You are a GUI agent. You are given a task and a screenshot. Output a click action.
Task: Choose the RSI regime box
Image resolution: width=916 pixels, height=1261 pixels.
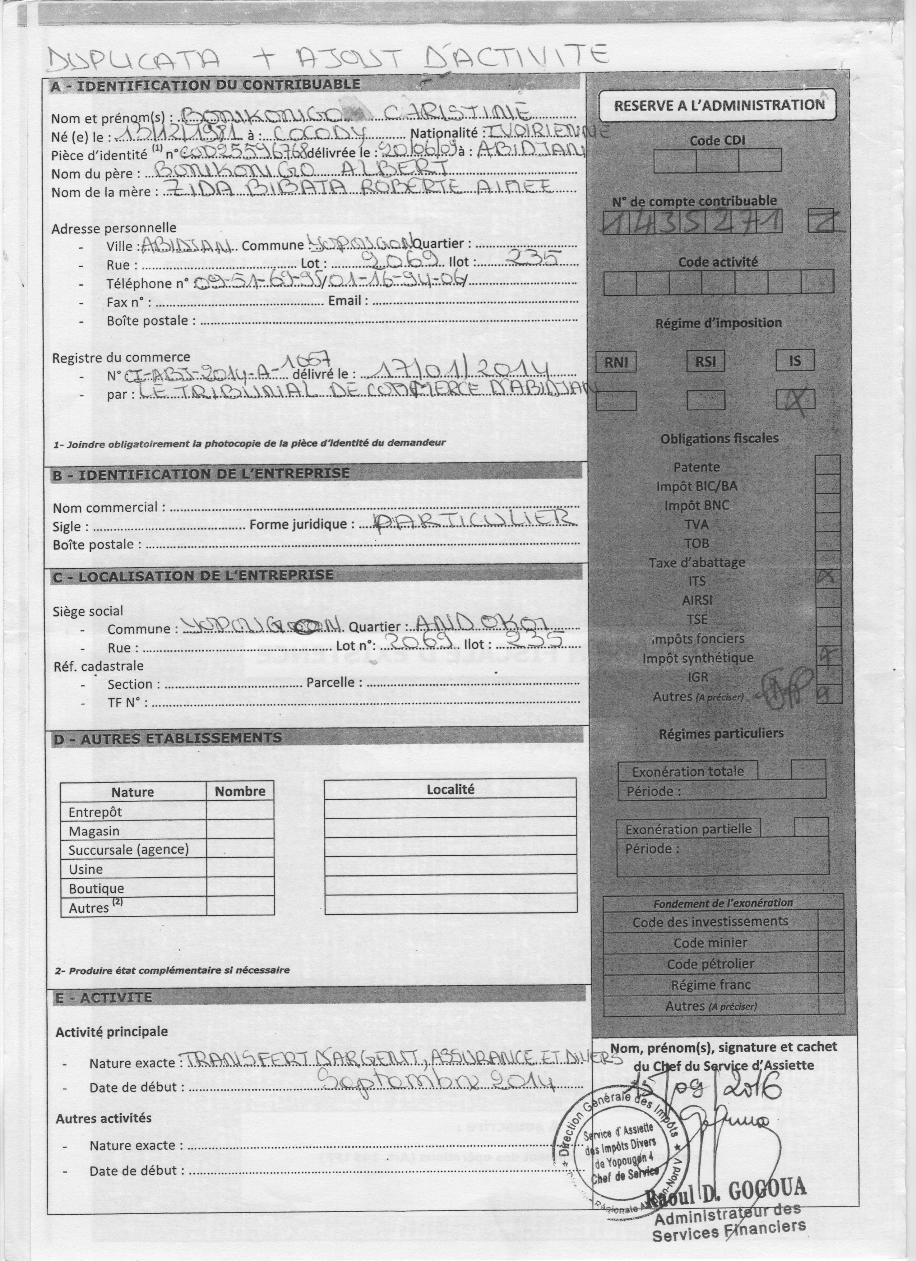pos(705,361)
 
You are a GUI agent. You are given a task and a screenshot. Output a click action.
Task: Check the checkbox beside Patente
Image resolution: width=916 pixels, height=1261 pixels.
pos(828,465)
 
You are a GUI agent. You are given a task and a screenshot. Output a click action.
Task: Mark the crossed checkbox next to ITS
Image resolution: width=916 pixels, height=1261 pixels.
pos(828,579)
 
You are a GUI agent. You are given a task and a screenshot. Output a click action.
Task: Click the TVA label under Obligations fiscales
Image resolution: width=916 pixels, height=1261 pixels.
pos(697,524)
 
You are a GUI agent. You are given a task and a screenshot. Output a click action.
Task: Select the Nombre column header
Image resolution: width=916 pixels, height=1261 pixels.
pos(240,791)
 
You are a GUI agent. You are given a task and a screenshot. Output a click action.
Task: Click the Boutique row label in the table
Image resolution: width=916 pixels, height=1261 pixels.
pos(97,888)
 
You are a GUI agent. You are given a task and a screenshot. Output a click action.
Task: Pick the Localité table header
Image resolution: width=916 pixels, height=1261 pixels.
pos(450,789)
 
